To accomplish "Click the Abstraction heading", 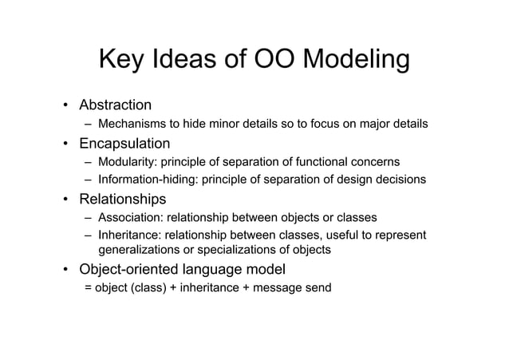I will (x=114, y=105).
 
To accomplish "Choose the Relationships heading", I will (x=121, y=198).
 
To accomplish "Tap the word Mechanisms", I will (x=131, y=125).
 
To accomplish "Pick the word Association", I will (x=128, y=217).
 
